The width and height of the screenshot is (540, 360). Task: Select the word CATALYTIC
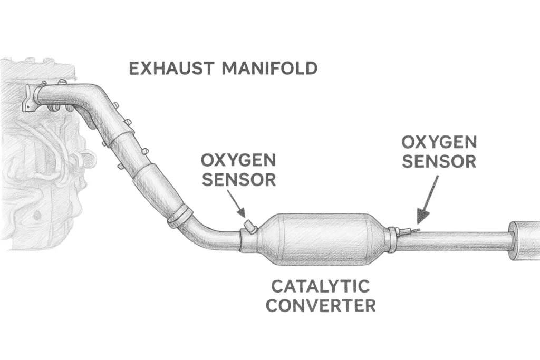point(320,287)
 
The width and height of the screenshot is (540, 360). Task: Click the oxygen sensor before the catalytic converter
point(249,228)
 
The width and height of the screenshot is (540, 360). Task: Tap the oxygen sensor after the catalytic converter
point(409,230)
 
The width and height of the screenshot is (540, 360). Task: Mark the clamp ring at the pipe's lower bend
point(179,217)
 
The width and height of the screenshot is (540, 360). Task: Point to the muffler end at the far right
point(524,241)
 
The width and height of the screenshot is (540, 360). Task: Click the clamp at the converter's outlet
point(392,239)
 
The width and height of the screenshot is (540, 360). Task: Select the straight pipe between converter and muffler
point(454,241)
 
